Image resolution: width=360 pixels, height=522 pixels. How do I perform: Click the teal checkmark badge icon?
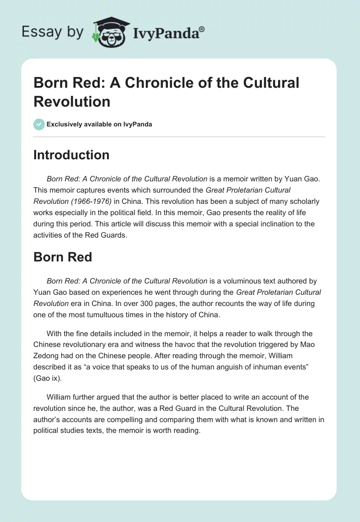pos(39,124)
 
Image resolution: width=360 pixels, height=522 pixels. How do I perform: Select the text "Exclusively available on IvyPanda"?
pos(99,124)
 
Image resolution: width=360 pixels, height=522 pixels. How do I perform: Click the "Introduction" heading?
pos(72,155)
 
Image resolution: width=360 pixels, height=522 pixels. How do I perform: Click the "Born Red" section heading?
pos(63,257)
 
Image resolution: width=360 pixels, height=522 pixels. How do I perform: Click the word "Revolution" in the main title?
pos(72,101)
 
